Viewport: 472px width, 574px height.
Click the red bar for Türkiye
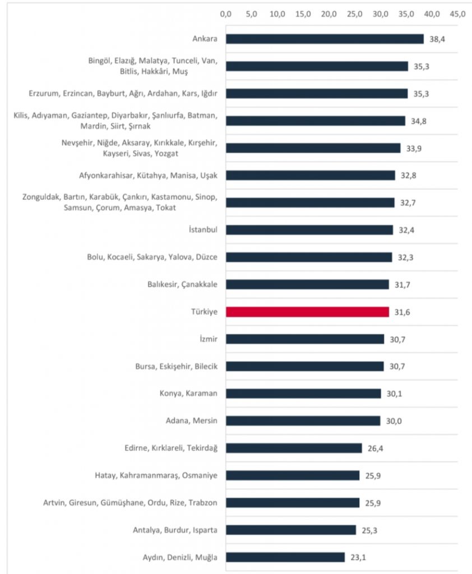pos(307,312)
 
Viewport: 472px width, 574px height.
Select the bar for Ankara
pos(325,39)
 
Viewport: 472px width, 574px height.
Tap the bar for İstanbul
pos(309,230)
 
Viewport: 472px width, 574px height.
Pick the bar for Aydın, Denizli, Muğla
pos(285,557)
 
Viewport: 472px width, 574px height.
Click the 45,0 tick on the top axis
pos(457,13)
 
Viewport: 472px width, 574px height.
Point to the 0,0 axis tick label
pos(226,13)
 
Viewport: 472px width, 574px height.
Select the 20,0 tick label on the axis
pos(329,13)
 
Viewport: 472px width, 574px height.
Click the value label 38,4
pos(437,39)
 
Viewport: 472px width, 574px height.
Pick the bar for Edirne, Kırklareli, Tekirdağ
pos(294,448)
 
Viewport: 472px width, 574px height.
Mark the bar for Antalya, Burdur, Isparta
pos(291,530)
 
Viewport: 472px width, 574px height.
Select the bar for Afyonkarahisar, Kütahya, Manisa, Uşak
pos(311,175)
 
